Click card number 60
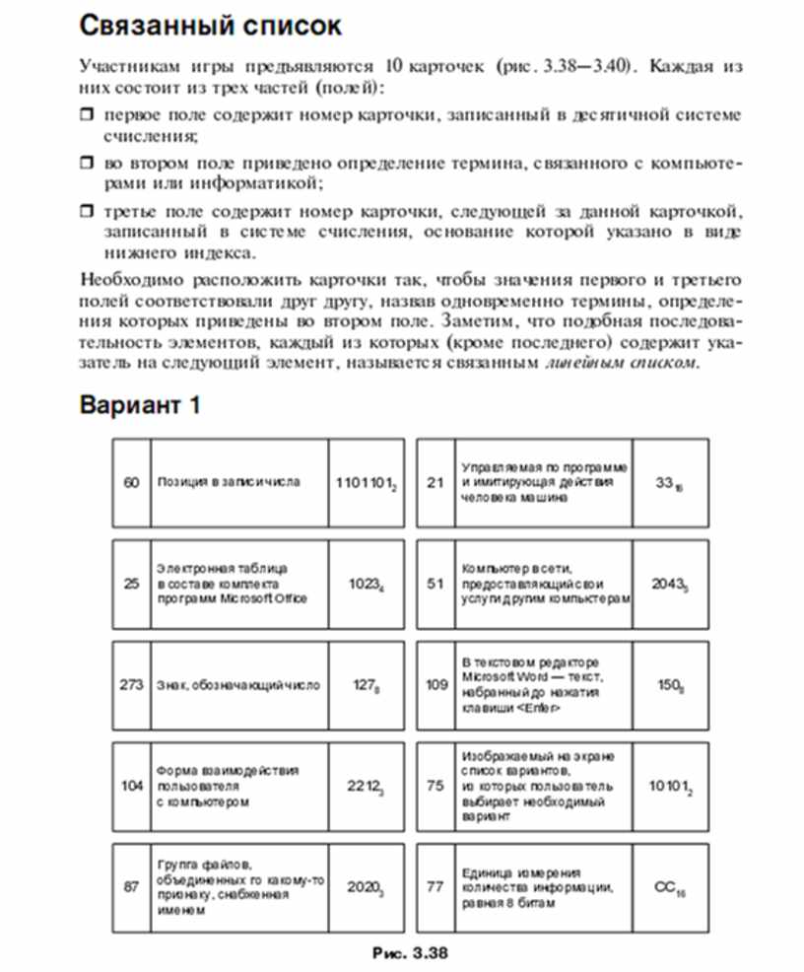[131, 482]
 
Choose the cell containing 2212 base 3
[364, 787]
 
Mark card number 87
[131, 887]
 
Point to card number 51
[436, 583]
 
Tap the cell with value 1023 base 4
[365, 583]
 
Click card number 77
[436, 887]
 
